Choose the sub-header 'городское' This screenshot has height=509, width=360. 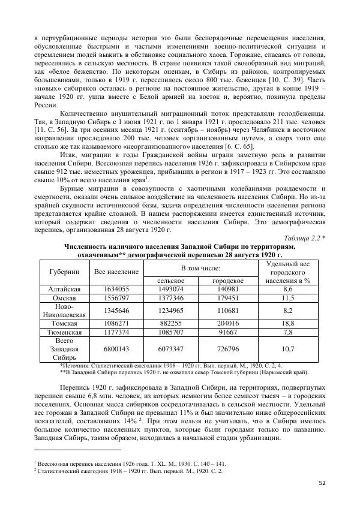tap(228, 281)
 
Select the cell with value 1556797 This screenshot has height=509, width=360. tap(117, 298)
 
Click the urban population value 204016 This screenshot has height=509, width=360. tap(228, 323)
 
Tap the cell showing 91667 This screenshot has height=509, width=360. tap(228, 331)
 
